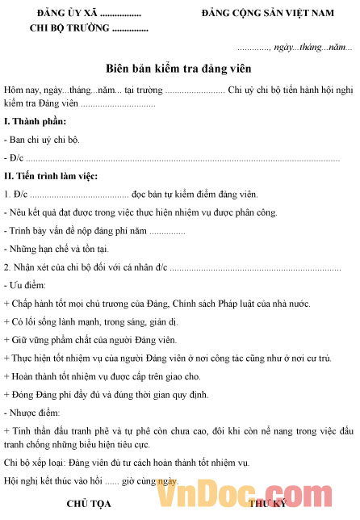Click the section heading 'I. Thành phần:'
tap(35, 122)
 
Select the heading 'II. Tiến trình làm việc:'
tap(51, 176)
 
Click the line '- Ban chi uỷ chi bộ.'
tap(41, 140)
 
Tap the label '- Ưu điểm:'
tap(25, 285)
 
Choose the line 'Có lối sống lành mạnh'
tap(79, 321)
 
